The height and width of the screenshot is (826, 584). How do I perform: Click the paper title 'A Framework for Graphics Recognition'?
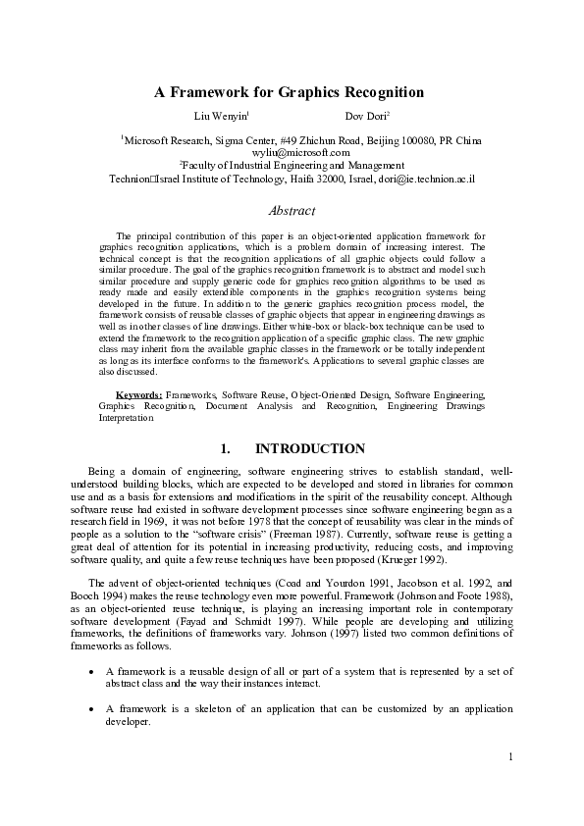(x=289, y=92)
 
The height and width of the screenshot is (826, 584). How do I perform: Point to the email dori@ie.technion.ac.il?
(x=429, y=180)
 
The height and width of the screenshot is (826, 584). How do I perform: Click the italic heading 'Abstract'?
(x=292, y=211)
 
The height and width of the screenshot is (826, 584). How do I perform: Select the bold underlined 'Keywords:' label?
(x=133, y=393)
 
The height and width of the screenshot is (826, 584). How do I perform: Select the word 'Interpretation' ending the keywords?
(x=126, y=417)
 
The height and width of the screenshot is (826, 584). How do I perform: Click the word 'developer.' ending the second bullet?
(x=127, y=720)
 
